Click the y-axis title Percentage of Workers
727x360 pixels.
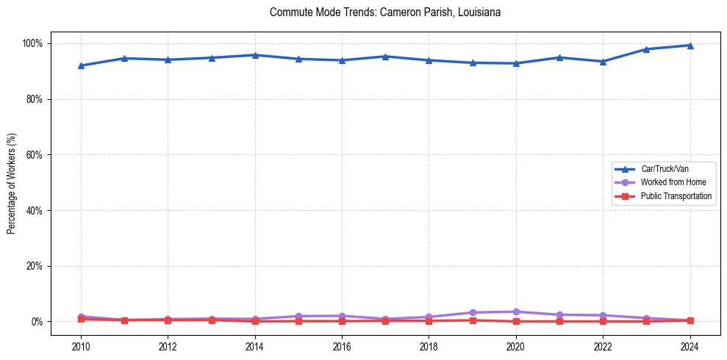[x=12, y=183]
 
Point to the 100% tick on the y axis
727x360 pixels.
[x=32, y=43]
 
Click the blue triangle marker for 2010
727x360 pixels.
[x=81, y=65]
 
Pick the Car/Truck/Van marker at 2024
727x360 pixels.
[x=690, y=46]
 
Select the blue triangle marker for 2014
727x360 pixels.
[x=255, y=55]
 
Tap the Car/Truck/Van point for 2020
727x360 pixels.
[x=515, y=63]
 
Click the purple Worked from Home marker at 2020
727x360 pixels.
[x=515, y=312]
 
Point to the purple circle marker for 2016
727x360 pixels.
[x=342, y=316]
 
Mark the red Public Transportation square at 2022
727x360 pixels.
[x=603, y=321]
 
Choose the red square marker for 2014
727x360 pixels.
[x=255, y=321]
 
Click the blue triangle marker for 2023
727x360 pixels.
[x=646, y=49]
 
